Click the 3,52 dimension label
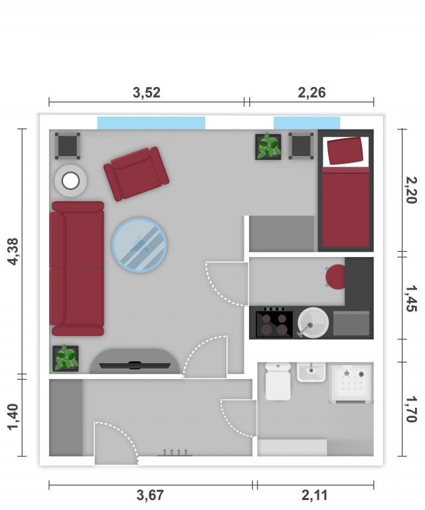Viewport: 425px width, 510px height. [147, 93]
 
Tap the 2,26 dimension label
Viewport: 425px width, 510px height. [311, 93]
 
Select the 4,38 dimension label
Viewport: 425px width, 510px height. [14, 252]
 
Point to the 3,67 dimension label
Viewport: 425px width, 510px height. [150, 495]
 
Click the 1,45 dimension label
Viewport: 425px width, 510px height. [412, 298]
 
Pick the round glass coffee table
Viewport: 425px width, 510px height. [139, 245]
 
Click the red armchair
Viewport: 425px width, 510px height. [136, 174]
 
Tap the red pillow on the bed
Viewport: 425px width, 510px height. [345, 151]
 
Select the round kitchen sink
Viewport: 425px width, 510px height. [313, 323]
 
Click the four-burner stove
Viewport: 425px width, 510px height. [274, 323]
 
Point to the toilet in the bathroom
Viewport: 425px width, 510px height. [278, 381]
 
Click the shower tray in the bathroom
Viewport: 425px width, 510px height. [351, 383]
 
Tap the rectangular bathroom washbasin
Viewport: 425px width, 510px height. [311, 372]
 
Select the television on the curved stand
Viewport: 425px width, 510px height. [135, 366]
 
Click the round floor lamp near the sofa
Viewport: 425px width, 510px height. [70, 181]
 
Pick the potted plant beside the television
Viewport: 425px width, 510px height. [66, 358]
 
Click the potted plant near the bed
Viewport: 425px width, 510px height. [268, 147]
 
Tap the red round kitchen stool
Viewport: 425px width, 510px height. [335, 277]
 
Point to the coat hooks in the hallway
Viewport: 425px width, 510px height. [175, 452]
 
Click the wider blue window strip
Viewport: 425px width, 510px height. [151, 123]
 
